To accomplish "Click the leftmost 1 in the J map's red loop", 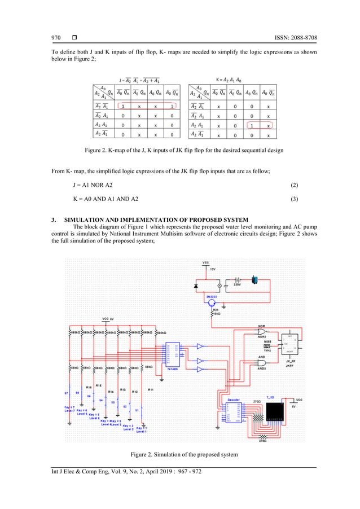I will [122, 105].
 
